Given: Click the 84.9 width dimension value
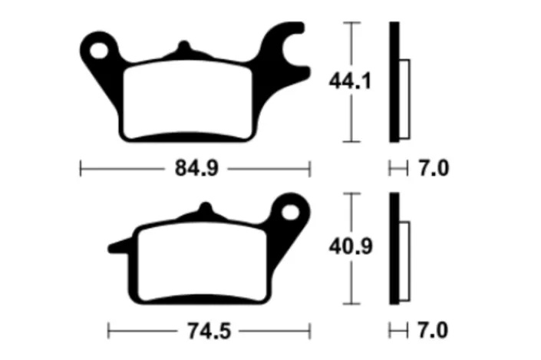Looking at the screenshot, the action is tap(196, 168).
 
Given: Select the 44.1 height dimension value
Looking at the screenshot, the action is tap(350, 81).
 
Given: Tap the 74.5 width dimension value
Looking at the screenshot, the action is tap(209, 331).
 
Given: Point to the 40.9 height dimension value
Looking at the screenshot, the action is tap(351, 246).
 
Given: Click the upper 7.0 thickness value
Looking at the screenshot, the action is tap(434, 168).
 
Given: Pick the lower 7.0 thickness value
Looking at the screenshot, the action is tap(433, 330).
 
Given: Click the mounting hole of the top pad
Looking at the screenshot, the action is tap(99, 51).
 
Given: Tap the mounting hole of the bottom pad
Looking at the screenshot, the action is tap(291, 212).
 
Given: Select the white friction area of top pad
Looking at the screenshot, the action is tap(188, 100).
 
